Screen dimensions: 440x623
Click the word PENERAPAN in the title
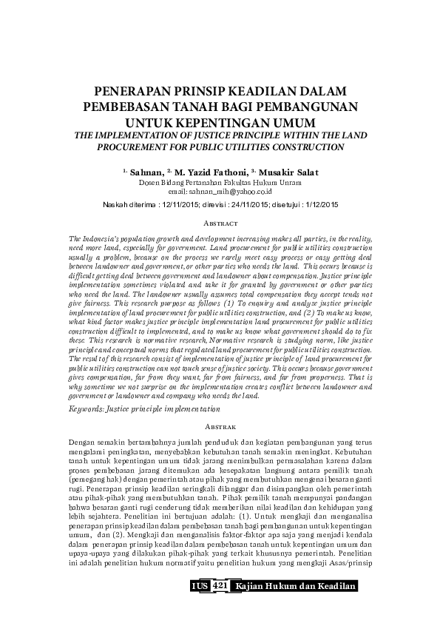pyautogui.click(x=129, y=91)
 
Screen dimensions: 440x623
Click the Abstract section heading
pyautogui.click(x=220, y=222)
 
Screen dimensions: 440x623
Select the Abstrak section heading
pyautogui.click(x=220, y=427)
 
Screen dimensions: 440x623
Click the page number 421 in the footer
pyautogui.click(x=219, y=586)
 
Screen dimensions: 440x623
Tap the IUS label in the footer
pyautogui.click(x=200, y=586)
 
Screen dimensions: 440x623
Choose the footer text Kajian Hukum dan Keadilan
pyautogui.click(x=295, y=586)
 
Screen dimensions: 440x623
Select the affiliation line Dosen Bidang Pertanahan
pyautogui.click(x=220, y=181)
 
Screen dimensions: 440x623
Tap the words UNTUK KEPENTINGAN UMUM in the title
pyautogui.click(x=220, y=121)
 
